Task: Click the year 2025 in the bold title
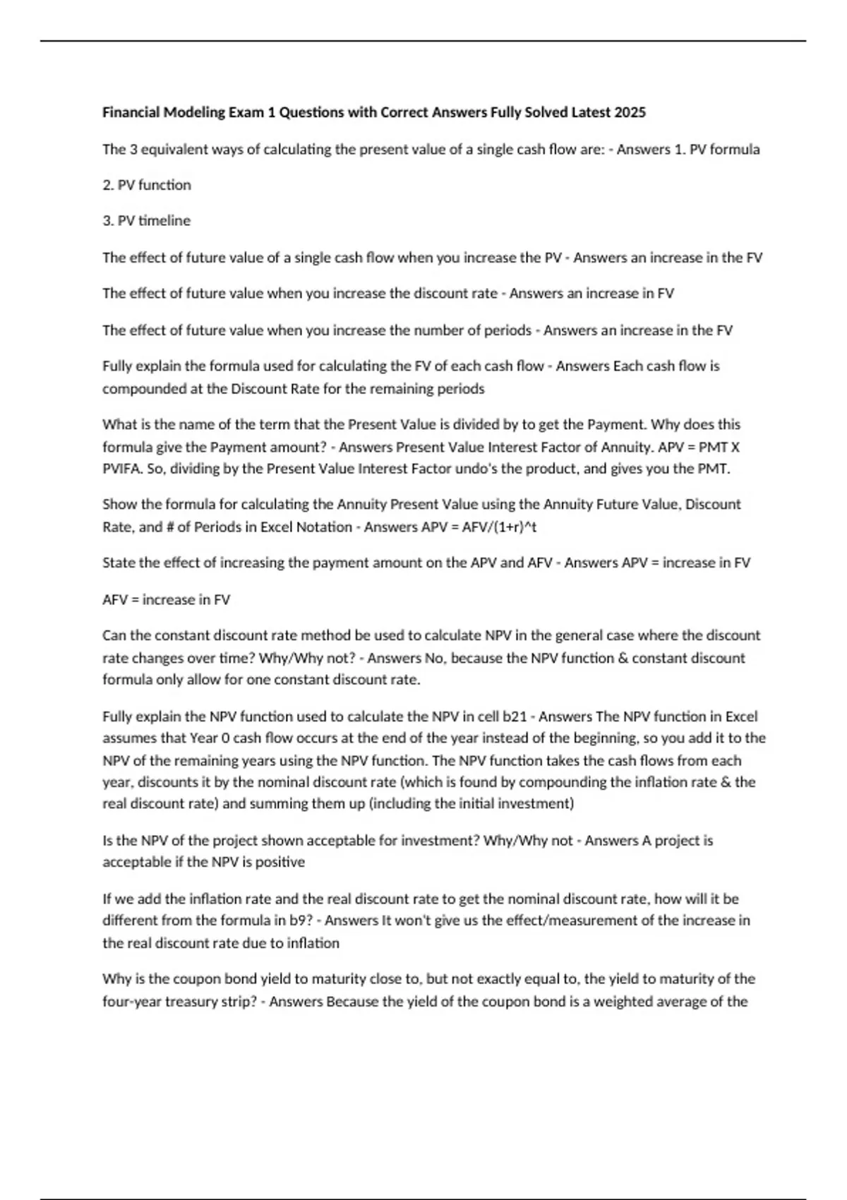pos(630,112)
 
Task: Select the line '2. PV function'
pos(147,185)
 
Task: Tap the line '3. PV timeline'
pos(147,221)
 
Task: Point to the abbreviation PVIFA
pos(121,469)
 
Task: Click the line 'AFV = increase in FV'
pos(167,600)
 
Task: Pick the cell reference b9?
pos(304,920)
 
